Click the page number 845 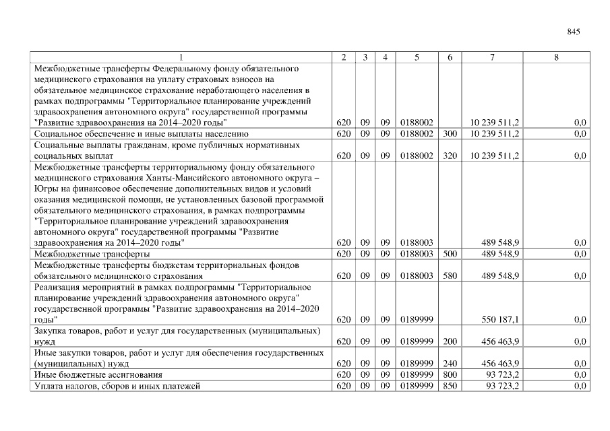point(574,32)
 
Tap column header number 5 point(417,58)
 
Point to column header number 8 point(556,58)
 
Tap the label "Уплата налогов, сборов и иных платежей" point(117,385)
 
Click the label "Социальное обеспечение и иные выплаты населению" point(141,134)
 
